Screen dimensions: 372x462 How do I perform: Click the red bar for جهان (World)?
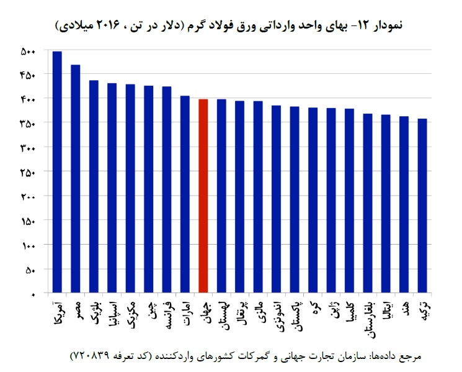point(203,196)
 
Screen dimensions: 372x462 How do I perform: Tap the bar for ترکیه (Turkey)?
point(422,206)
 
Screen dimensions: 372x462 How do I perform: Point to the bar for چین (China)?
point(148,189)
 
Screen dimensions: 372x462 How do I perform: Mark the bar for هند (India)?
point(404,204)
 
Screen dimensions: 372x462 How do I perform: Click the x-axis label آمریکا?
point(57,313)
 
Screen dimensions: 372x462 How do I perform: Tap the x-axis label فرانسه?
point(167,313)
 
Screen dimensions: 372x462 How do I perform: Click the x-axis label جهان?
point(203,309)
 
